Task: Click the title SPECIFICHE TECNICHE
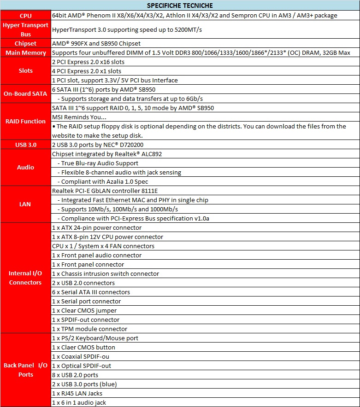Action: pos(180,6)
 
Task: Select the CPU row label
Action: pos(25,16)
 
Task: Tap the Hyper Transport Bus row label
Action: pos(25,29)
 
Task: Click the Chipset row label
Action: pos(25,43)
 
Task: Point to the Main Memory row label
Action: pos(25,52)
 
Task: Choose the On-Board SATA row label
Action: pos(25,94)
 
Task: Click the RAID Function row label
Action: pos(25,122)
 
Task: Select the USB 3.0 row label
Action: pos(25,145)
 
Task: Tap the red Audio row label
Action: pos(25,168)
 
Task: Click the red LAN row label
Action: pos(25,204)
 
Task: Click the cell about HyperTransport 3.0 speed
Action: pos(127,29)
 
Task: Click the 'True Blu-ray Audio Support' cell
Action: pos(99,163)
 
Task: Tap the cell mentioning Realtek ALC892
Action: pos(107,154)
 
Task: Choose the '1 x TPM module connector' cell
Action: pos(89,329)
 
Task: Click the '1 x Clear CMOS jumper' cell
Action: pos(84,310)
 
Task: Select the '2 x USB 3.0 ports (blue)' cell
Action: pos(84,384)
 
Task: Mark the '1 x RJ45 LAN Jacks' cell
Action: pos(77,393)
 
